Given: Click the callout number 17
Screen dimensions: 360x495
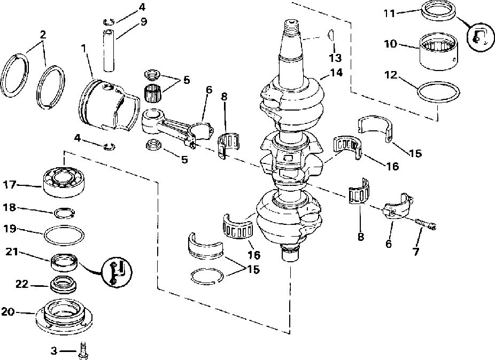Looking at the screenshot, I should [11, 185].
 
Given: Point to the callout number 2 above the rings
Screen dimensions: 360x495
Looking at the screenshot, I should [42, 34].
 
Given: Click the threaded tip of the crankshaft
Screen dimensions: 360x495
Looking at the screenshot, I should [291, 25].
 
